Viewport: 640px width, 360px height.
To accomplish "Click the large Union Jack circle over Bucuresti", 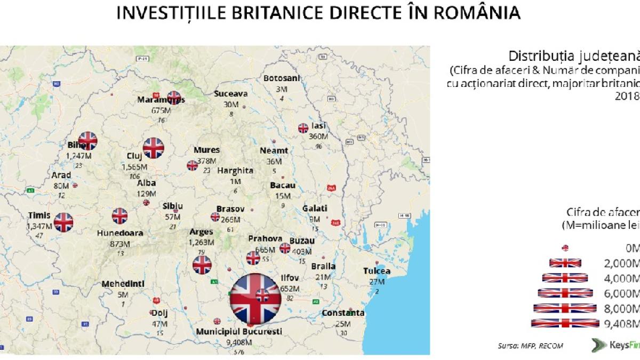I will [x=255, y=299].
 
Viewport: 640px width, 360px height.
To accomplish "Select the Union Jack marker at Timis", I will [x=63, y=222].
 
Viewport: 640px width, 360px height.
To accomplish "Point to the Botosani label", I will [x=282, y=78].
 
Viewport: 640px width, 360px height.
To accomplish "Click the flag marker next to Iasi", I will [x=303, y=128].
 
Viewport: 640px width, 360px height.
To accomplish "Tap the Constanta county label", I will [x=343, y=313].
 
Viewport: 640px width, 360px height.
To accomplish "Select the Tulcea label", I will [x=377, y=271].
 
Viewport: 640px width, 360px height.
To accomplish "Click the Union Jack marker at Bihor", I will [x=87, y=141].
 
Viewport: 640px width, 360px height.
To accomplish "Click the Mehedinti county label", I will [x=123, y=284].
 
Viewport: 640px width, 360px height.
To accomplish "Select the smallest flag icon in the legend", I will [x=565, y=247].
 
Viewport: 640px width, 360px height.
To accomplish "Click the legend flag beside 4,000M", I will [x=565, y=277].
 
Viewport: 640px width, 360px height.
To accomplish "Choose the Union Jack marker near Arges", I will [x=202, y=265].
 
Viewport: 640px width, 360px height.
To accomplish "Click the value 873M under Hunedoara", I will [x=120, y=244].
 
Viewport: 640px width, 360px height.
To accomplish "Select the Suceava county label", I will [x=230, y=93].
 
